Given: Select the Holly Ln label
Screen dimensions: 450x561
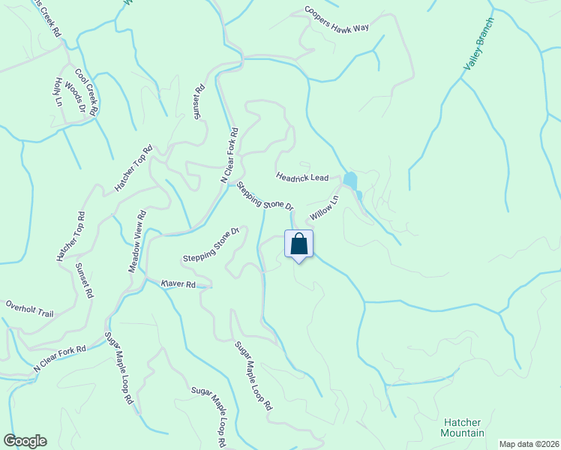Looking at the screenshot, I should coord(58,92).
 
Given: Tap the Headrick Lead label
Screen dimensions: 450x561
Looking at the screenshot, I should coord(302,177).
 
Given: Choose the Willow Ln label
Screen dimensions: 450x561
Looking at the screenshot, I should coord(324,206).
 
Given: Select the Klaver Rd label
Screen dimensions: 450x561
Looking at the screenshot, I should coord(178,284).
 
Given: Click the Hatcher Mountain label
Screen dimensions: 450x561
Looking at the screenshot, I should coord(462,427).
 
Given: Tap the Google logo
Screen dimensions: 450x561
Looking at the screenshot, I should coord(25,441).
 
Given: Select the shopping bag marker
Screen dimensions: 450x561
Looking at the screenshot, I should coord(298,244).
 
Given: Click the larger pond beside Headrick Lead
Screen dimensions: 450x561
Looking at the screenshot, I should coord(349,180).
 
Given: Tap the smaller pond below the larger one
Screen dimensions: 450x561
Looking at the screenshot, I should coord(359,196).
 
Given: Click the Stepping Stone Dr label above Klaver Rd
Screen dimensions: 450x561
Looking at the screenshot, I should coord(210,244).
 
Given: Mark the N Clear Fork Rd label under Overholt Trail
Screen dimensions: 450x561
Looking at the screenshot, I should coord(61,359).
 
